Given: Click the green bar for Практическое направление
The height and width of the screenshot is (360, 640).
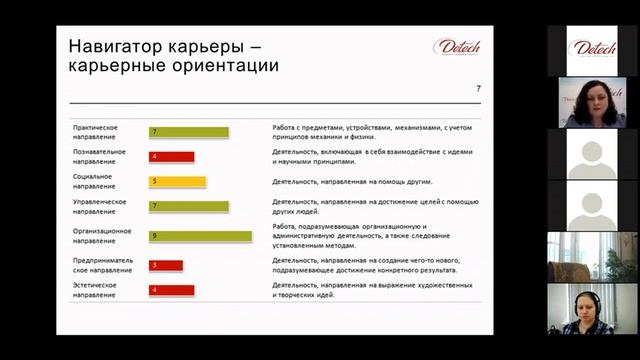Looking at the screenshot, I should click(x=189, y=132).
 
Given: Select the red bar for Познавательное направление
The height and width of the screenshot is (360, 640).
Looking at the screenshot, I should click(x=171, y=156).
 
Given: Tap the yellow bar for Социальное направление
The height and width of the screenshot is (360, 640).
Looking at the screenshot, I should click(x=177, y=182).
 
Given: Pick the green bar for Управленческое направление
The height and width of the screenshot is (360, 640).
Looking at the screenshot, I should click(x=189, y=206).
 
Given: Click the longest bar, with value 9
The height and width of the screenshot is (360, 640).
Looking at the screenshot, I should click(x=200, y=236).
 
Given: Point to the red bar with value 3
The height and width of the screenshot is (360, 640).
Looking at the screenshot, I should click(x=166, y=265).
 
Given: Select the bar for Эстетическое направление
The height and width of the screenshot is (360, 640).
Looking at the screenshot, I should click(x=171, y=290).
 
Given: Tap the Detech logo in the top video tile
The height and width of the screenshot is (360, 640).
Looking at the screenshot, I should click(x=592, y=49).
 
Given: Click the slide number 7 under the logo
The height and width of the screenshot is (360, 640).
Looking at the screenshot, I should click(x=478, y=90).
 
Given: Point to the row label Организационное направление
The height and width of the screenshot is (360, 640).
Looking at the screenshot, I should click(x=101, y=236).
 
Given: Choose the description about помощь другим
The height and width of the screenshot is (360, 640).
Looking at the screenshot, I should click(x=340, y=182).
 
